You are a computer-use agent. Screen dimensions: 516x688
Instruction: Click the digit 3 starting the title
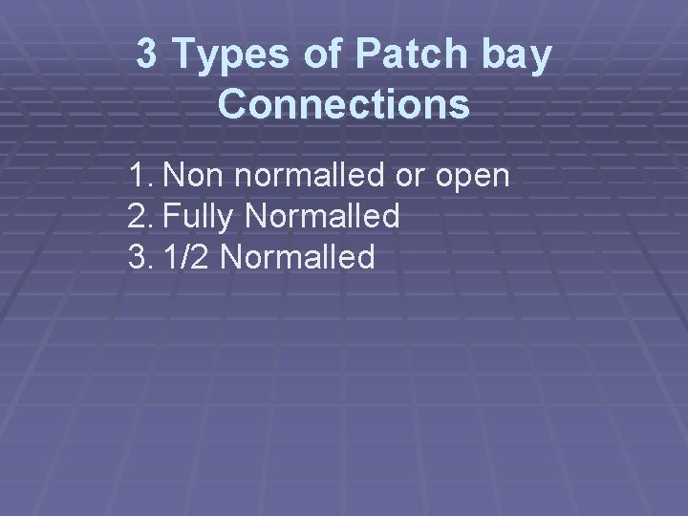pyautogui.click(x=147, y=55)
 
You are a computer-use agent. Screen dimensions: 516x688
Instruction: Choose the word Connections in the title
pyautogui.click(x=344, y=104)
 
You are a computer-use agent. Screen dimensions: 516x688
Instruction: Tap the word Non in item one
pyautogui.click(x=195, y=177)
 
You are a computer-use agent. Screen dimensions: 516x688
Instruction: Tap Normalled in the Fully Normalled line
pyautogui.click(x=322, y=217)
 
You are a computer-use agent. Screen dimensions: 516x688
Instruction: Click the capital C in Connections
pyautogui.click(x=232, y=104)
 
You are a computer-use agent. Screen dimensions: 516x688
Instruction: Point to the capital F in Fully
pyautogui.click(x=171, y=217)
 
